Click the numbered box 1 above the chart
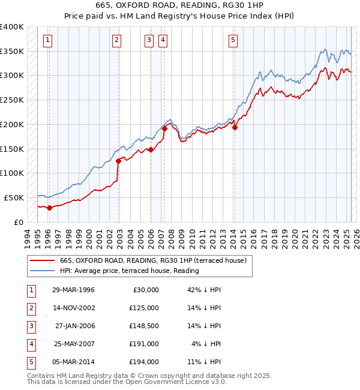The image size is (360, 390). [47, 40]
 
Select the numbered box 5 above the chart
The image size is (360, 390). [233, 40]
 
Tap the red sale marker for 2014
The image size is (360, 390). [235, 127]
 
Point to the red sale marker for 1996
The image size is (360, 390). [49, 208]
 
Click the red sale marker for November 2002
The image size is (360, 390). [118, 161]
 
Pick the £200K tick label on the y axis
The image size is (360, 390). [12, 124]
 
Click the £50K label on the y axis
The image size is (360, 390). [14, 197]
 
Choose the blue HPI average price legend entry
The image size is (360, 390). [129, 271]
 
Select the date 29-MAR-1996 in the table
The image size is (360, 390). [73, 290]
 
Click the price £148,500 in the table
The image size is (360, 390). [143, 326]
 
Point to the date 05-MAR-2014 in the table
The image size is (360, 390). [73, 362]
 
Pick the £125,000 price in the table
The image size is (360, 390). [143, 308]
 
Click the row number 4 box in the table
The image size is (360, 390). [29, 344]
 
